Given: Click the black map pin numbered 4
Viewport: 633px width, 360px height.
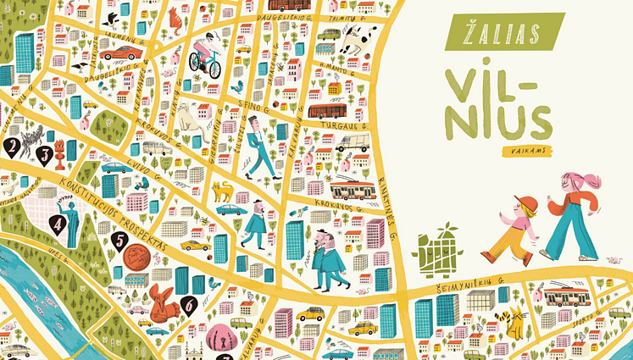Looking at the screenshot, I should point(58,225).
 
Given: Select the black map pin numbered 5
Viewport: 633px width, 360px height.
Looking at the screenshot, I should point(120,241).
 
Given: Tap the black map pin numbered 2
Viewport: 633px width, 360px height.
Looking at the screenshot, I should point(13,148).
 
